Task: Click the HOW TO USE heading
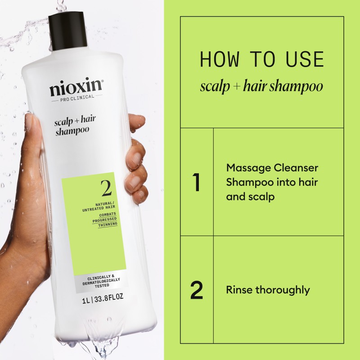(x=262, y=60)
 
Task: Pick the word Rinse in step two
(x=239, y=290)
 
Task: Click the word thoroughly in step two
(x=283, y=290)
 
